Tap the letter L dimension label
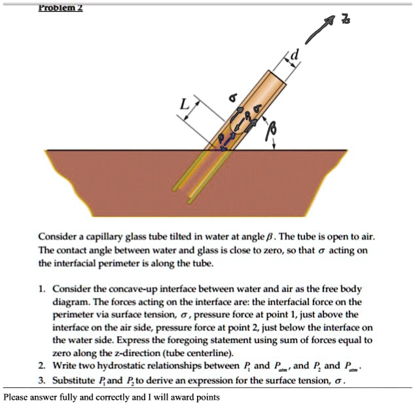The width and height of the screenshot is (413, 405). click(185, 103)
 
